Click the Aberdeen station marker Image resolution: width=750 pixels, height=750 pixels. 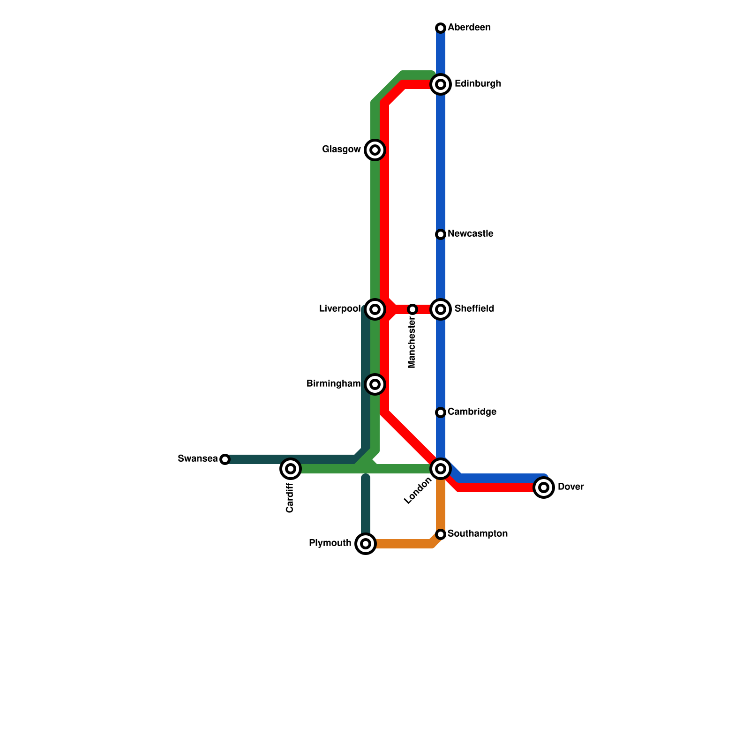[x=441, y=28]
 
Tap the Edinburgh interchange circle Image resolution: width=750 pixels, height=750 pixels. [x=441, y=84]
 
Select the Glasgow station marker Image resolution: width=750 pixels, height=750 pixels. [x=375, y=150]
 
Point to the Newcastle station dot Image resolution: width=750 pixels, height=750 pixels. [x=441, y=234]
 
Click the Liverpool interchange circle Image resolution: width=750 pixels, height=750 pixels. [x=375, y=309]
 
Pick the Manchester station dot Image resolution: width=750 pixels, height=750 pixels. [x=412, y=309]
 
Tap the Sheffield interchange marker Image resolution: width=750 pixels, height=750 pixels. [x=441, y=309]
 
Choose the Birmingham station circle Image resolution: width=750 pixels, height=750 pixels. [x=375, y=384]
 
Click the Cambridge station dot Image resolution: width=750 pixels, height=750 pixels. [x=441, y=412]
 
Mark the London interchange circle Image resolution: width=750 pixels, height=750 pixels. [x=441, y=469]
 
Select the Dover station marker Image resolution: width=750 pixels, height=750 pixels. [x=544, y=487]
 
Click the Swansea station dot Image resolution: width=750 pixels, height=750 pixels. [x=225, y=459]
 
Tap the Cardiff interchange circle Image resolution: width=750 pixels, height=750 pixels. [x=291, y=469]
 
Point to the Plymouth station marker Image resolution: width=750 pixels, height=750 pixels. [x=366, y=544]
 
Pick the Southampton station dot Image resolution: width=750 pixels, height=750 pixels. [x=441, y=534]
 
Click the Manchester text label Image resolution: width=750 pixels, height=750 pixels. [x=412, y=343]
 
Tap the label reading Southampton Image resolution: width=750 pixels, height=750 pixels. [x=478, y=534]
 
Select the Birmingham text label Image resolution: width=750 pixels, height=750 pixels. [x=333, y=384]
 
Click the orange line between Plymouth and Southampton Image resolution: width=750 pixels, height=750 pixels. [x=403, y=544]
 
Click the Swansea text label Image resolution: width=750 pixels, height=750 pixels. [x=198, y=459]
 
